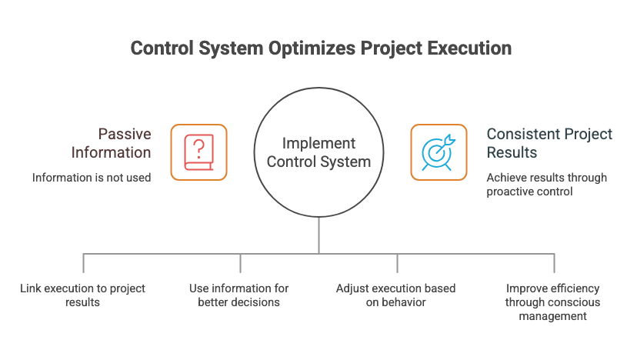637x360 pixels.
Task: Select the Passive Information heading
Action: [113, 142]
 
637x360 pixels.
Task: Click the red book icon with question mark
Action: [198, 152]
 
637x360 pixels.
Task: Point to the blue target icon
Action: [439, 152]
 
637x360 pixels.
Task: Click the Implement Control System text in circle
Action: [318, 152]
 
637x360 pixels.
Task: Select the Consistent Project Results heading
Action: [549, 142]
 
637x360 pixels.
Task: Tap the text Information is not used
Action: [91, 178]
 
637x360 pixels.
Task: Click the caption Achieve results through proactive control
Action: [546, 185]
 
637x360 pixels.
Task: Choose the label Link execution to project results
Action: [83, 295]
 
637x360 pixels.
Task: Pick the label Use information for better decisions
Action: [239, 295]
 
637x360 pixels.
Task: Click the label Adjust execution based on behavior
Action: [395, 295]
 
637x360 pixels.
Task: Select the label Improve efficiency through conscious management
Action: [553, 302]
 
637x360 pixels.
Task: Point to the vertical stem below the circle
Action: [318, 235]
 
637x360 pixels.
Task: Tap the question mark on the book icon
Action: [198, 146]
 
